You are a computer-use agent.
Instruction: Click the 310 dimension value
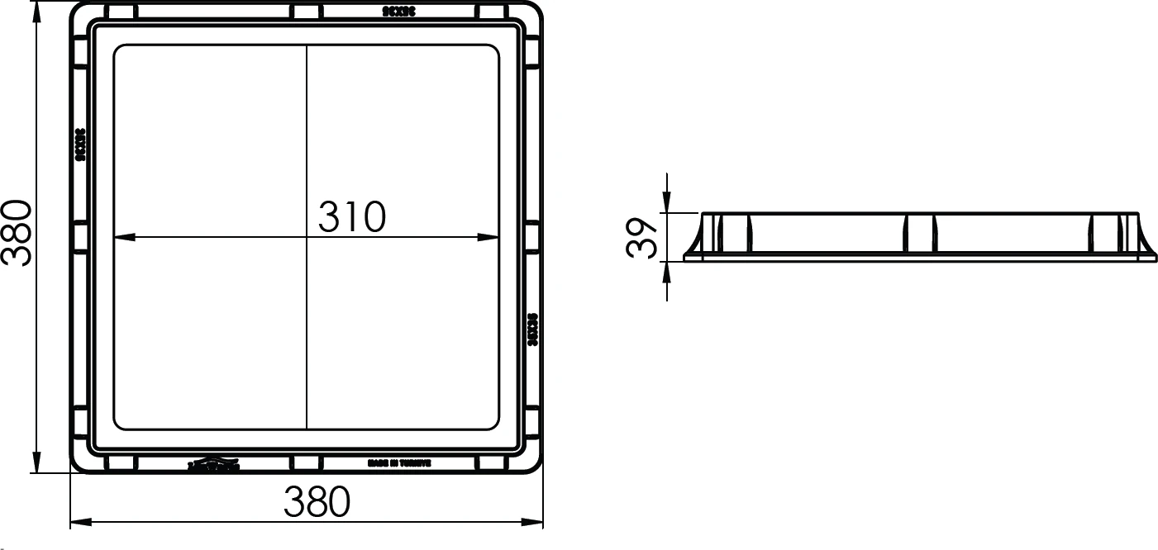pos(352,216)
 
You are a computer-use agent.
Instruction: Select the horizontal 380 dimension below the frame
pos(317,501)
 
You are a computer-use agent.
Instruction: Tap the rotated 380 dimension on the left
pos(17,232)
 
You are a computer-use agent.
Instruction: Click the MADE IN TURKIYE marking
pos(399,464)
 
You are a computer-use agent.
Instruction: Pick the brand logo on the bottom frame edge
pos(213,466)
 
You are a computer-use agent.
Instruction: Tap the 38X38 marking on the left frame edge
pos(80,145)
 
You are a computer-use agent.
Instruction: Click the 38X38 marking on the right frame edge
pos(533,329)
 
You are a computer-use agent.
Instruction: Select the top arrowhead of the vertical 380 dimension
pos(36,11)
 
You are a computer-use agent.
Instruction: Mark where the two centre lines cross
pos(307,238)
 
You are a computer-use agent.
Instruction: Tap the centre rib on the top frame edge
pos(306,12)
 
